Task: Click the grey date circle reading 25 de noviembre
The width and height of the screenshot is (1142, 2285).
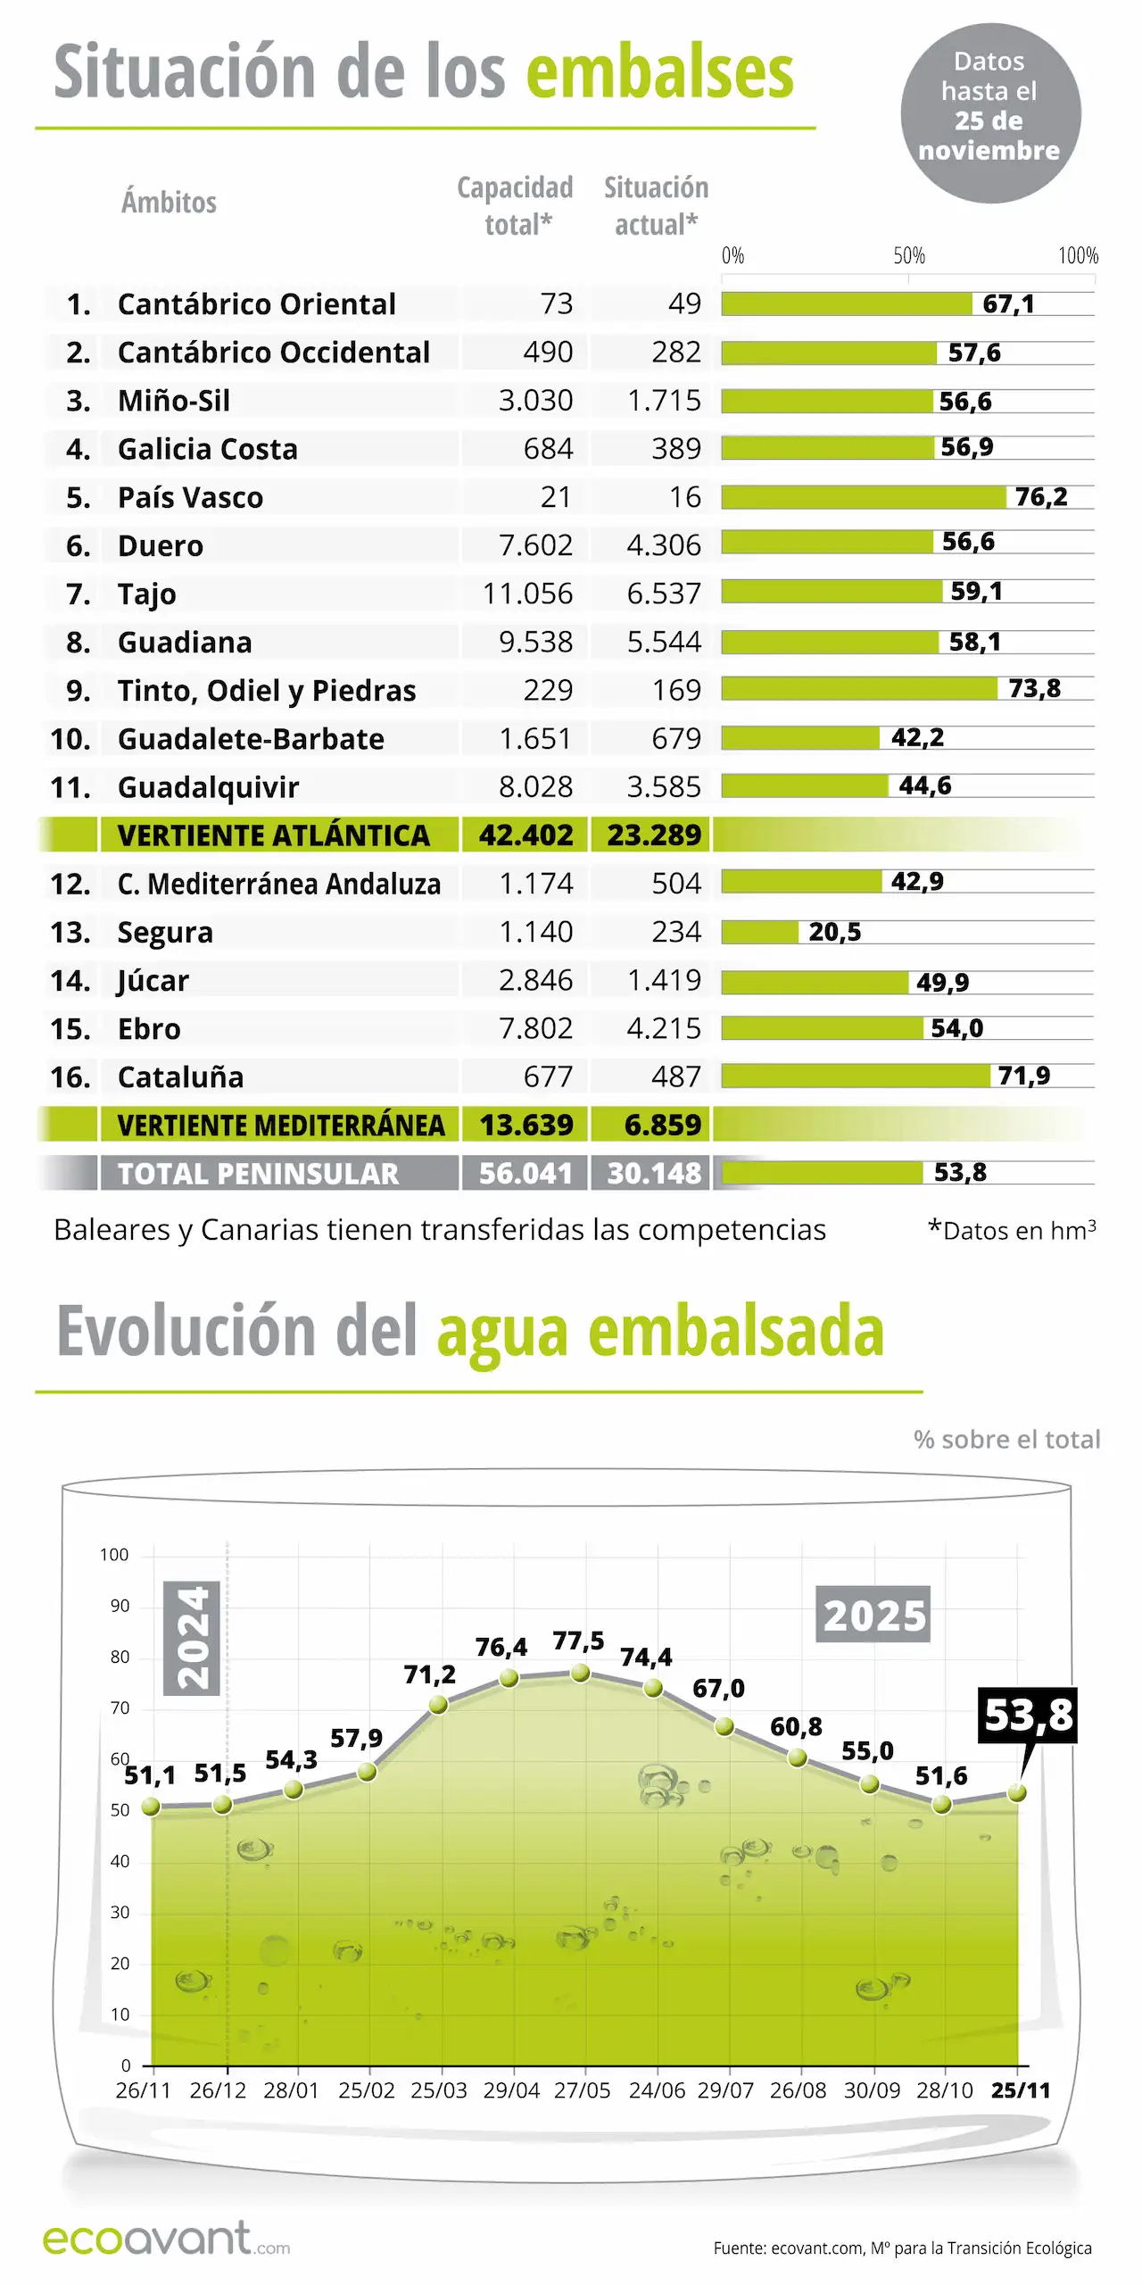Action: [x=990, y=113]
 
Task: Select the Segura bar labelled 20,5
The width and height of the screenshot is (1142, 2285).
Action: [x=760, y=932]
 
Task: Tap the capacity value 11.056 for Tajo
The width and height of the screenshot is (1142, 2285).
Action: [x=527, y=594]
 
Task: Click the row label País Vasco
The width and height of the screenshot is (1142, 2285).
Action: [x=190, y=497]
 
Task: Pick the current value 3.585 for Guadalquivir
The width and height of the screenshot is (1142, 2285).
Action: [x=663, y=786]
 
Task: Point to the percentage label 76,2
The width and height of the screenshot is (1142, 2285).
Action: [x=1041, y=496]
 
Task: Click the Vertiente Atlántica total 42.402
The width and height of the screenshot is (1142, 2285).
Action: [x=525, y=835]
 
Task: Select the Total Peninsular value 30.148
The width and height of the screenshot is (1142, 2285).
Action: [x=654, y=1173]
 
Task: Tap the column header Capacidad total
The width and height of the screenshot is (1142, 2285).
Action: [x=516, y=205]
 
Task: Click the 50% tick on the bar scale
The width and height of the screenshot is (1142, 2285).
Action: [x=909, y=256]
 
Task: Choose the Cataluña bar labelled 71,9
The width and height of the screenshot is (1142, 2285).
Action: [x=855, y=1076]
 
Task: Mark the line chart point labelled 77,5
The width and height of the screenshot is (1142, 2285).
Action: [x=581, y=1673]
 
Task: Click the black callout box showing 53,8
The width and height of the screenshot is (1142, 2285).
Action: [x=1028, y=1715]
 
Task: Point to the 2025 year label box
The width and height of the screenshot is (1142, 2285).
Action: [x=873, y=1615]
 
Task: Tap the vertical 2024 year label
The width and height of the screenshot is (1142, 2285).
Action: [x=192, y=1638]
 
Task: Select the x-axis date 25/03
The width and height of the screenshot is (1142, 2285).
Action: [x=439, y=2090]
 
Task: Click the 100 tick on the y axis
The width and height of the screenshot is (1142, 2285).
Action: [x=114, y=1555]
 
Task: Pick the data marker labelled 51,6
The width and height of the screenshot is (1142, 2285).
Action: [x=941, y=1805]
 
